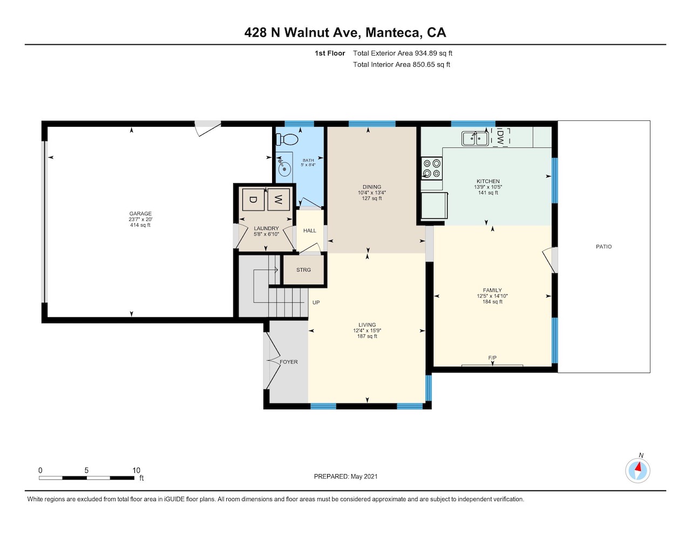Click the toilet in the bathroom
coord(287,139)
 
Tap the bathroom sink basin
coord(284,169)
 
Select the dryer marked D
coord(253,200)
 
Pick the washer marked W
coord(278,200)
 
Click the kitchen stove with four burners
coord(431,168)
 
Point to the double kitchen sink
coord(475,139)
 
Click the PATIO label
coord(604,247)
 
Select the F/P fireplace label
coord(492,358)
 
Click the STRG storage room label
coord(303,270)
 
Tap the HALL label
coord(309,231)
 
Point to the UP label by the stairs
coord(316,302)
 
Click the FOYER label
coord(289,362)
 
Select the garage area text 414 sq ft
coord(140,225)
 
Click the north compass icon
coord(638,471)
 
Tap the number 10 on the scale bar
coord(136,470)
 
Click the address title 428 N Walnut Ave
coord(302,32)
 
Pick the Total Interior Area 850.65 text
coord(401,65)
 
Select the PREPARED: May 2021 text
coord(345,476)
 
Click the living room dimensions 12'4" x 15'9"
coord(367,330)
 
